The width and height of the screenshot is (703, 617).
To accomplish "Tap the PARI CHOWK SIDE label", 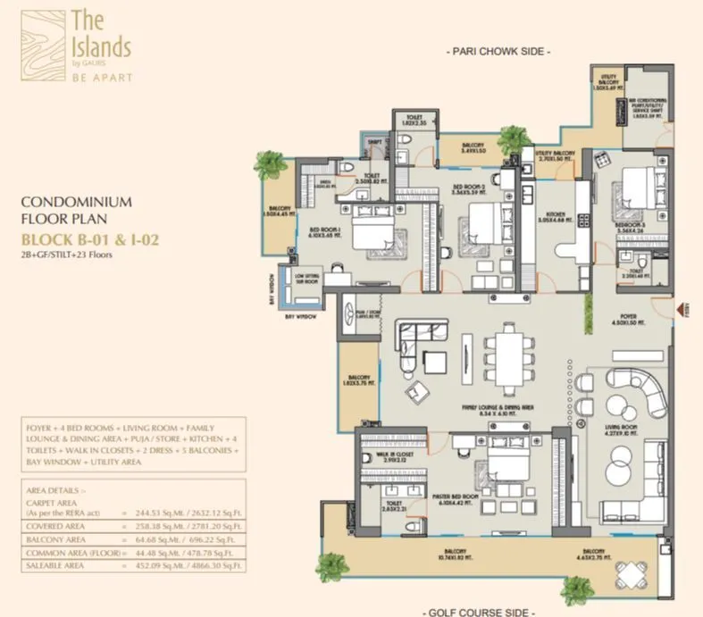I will pyautogui.click(x=498, y=53).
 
